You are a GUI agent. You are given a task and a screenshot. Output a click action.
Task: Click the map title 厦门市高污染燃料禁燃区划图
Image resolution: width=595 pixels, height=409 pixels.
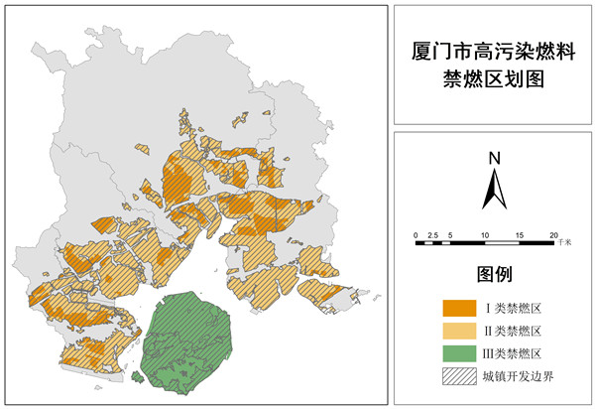[x=492, y=65]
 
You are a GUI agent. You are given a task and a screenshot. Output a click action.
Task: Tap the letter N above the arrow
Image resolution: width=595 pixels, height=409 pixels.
[x=493, y=157]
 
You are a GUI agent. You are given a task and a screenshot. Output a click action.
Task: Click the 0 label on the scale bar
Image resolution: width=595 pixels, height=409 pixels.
[x=416, y=233]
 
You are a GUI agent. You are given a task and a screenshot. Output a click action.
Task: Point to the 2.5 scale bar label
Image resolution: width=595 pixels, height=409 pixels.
[x=433, y=233]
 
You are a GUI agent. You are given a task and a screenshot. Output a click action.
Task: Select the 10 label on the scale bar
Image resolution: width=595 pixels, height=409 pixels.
[x=485, y=233]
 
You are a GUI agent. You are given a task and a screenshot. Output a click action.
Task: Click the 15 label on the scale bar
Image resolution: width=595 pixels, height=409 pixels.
[x=519, y=233]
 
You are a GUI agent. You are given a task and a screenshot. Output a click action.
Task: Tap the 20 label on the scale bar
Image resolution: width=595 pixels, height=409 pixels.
[x=553, y=233]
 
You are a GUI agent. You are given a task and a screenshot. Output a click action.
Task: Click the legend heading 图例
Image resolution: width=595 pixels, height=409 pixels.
[x=493, y=274]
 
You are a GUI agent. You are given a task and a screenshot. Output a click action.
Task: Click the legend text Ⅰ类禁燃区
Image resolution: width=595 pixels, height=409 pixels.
[x=513, y=306]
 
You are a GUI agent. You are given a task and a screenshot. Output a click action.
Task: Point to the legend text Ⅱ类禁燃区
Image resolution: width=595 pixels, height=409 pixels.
[x=513, y=330]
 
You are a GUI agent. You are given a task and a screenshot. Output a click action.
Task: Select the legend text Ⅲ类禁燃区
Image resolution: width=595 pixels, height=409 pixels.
[x=513, y=352]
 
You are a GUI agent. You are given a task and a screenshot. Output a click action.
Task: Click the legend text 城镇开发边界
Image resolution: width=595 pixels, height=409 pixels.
[x=517, y=376]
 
